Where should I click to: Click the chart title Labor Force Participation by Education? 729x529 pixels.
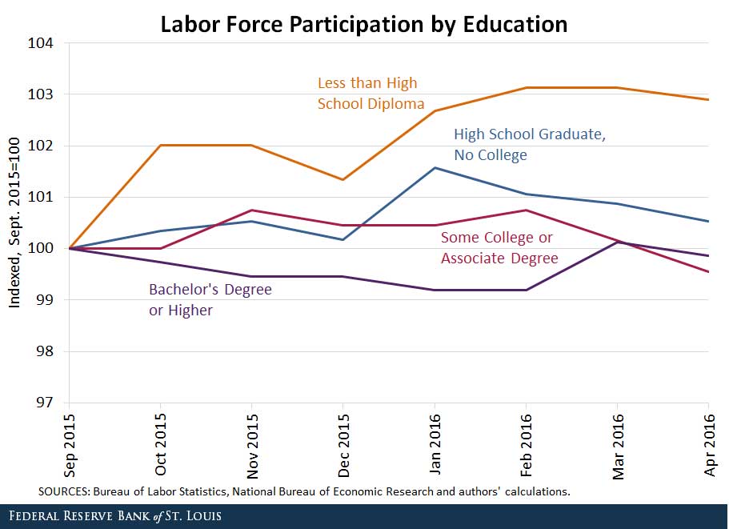click(x=364, y=24)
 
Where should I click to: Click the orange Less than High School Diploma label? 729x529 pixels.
click(x=367, y=94)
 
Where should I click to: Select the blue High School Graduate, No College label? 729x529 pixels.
click(x=529, y=145)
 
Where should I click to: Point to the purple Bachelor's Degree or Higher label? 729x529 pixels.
click(x=210, y=299)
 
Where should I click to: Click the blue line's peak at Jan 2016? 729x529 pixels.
click(x=435, y=167)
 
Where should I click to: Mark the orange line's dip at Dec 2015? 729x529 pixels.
click(x=343, y=179)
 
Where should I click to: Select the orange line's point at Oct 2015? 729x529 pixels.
click(x=160, y=146)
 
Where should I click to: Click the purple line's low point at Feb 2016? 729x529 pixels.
click(x=526, y=290)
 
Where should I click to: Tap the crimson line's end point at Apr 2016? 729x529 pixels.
click(x=708, y=272)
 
